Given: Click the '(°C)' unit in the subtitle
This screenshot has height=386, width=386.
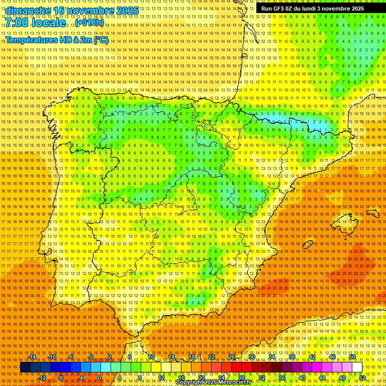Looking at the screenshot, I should click(101, 40).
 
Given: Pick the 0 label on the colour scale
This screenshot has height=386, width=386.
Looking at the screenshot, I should click(100, 378).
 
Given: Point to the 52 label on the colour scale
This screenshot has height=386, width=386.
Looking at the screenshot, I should click(362, 378).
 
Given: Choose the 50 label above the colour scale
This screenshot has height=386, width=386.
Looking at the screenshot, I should click(352, 357).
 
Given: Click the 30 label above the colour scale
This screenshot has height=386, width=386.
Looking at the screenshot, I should click(251, 357).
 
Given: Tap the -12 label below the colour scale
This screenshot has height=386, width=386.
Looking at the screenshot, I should click(42, 378).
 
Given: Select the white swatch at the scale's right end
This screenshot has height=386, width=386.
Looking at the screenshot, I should click(357, 367).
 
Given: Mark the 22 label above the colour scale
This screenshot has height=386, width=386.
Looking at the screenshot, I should click(211, 357).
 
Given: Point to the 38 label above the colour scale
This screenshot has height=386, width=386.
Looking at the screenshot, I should click(292, 357).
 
